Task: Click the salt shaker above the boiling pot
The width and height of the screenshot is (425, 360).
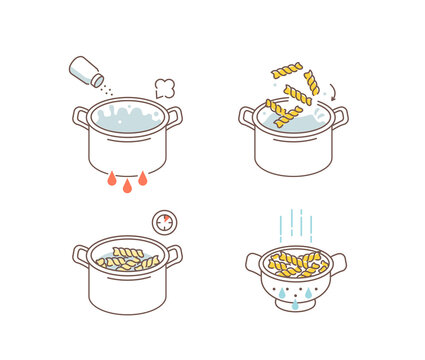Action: coord(85,71)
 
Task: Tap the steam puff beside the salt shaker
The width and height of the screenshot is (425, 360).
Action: coord(165,88)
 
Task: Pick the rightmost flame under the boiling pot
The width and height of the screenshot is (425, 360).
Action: coord(143,179)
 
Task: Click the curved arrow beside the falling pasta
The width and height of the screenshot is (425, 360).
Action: coord(333,93)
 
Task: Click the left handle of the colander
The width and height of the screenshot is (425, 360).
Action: coord(254,263)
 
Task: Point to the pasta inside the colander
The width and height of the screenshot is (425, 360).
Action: coord(296,263)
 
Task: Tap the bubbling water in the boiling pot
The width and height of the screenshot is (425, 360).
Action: coord(127,117)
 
